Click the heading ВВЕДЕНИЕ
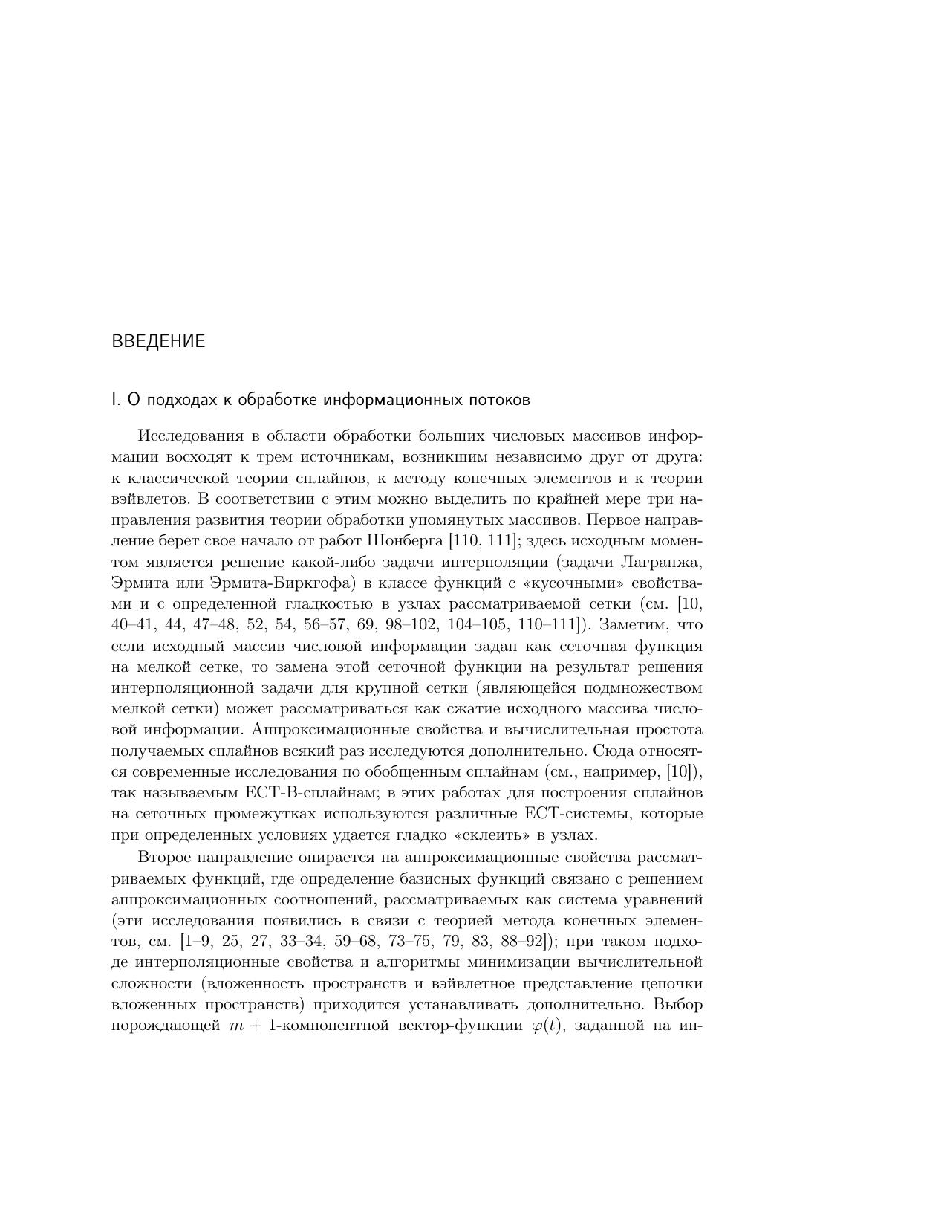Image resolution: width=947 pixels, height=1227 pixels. [158, 342]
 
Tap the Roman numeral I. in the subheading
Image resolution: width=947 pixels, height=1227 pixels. [115, 400]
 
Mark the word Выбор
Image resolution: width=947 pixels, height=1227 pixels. [680, 1005]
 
